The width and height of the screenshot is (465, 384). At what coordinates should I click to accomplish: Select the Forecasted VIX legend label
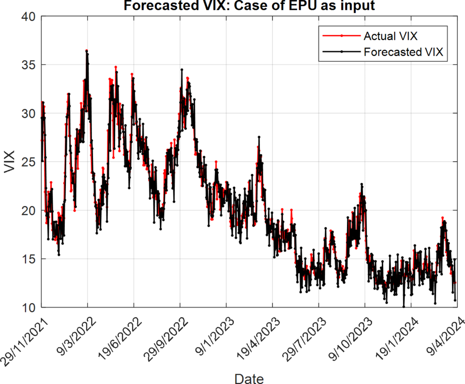coord(403,52)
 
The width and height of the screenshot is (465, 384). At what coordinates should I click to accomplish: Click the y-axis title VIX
coord(9,162)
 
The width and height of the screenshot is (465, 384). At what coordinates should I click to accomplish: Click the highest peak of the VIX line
coord(86,50)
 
